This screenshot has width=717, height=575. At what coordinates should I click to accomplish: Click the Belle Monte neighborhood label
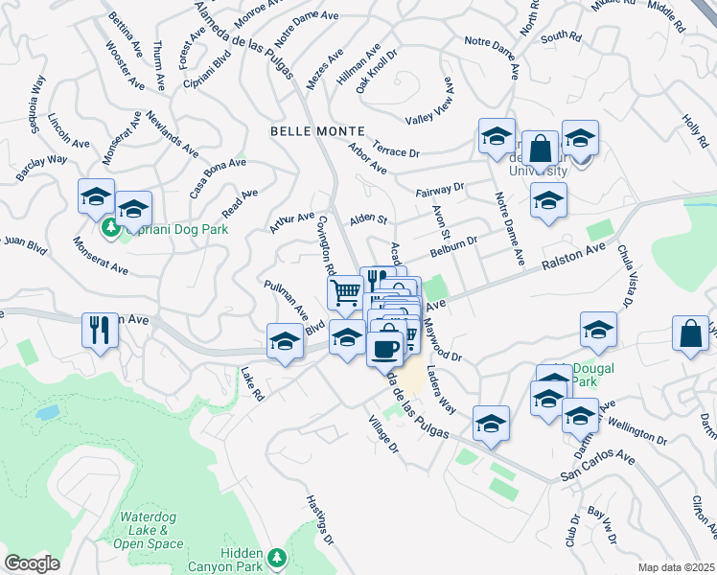[317, 130]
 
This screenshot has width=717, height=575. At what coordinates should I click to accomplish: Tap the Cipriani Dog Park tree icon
[110, 228]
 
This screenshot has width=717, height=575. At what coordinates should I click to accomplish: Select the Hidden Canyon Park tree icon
[277, 557]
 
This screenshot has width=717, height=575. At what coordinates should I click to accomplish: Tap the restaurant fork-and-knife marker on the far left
[100, 331]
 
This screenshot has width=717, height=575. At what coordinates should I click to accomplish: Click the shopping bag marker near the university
[541, 149]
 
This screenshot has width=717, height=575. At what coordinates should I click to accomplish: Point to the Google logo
[32, 563]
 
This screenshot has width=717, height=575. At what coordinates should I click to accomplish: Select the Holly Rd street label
[695, 130]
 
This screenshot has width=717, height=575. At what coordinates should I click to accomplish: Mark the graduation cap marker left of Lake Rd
[285, 342]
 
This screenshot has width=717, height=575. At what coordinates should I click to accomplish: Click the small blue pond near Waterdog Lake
[46, 413]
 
